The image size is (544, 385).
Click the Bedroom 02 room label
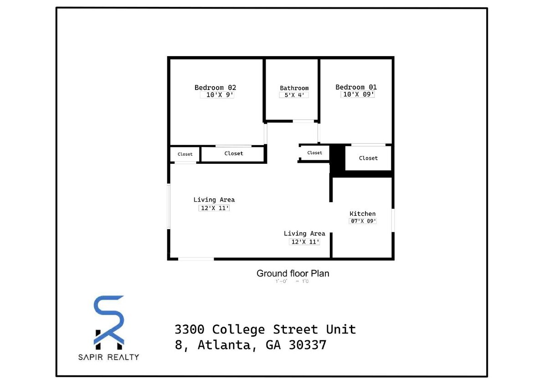coord(215,88)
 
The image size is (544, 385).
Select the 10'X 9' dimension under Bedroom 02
coord(217,95)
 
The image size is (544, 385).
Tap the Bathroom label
coord(294,88)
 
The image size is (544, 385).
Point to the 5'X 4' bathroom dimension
coord(294,95)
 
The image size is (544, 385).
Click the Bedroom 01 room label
coord(356,87)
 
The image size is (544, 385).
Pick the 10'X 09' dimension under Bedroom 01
coord(358,94)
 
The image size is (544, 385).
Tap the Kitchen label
coord(362,213)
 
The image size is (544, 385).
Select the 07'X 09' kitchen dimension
coord(362,221)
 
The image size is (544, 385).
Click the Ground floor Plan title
coord(293,273)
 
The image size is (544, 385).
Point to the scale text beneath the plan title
coord(292,281)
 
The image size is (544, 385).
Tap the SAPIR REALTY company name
coord(109,357)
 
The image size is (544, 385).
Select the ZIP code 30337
coord(308,345)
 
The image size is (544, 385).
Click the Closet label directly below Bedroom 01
coord(368,158)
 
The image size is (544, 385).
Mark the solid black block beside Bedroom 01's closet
coord(337,159)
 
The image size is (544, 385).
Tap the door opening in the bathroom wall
coord(303,121)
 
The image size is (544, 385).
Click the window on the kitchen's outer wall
coord(393,220)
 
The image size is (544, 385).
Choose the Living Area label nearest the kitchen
coord(304,234)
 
